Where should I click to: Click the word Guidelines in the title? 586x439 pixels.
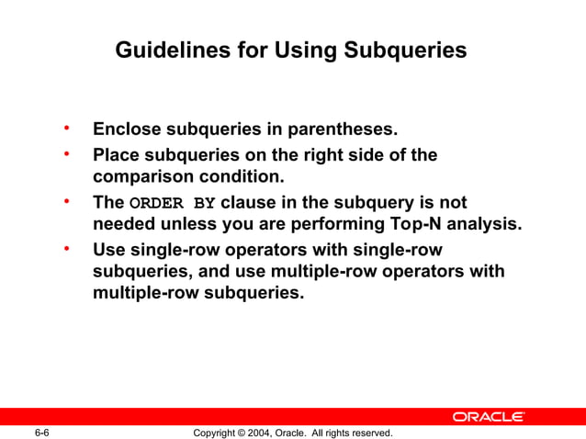click(169, 51)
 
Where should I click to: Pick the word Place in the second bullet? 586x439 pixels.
click(116, 155)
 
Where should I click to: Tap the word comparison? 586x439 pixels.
click(141, 175)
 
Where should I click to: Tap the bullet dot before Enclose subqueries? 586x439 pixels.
click(66, 127)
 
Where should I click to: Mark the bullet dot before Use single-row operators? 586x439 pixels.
click(66, 246)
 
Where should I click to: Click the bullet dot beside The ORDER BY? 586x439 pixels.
click(66, 199)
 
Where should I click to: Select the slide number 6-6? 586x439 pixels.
click(41, 432)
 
